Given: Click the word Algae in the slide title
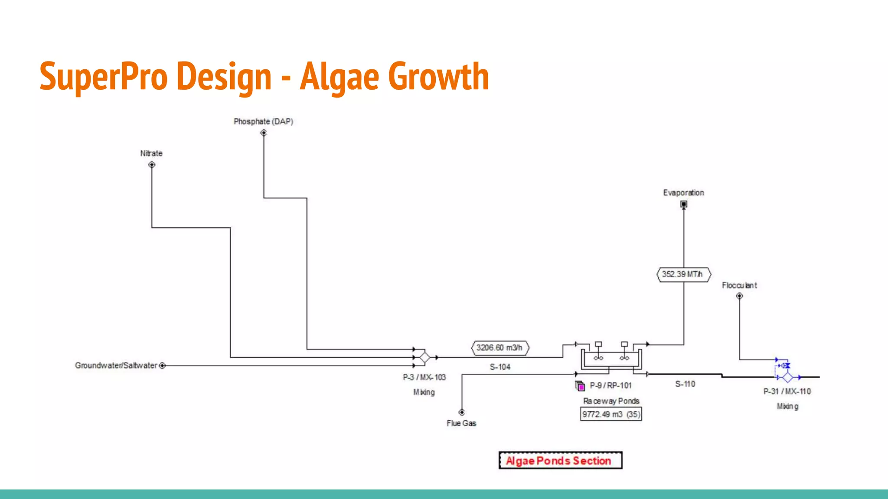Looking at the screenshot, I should click(x=340, y=77).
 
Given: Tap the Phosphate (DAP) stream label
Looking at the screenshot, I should click(x=263, y=122).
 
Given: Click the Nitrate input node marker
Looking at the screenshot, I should click(x=152, y=165).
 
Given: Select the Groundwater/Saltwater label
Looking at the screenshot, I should click(x=116, y=366).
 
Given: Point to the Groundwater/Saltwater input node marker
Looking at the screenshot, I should click(x=162, y=366).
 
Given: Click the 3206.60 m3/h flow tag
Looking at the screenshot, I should click(x=499, y=348).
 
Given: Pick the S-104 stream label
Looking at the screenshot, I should click(x=500, y=367).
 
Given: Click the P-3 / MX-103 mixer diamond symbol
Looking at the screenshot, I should click(x=425, y=357).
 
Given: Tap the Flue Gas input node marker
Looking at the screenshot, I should click(x=462, y=412).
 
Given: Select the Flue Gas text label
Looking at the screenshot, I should click(x=461, y=423).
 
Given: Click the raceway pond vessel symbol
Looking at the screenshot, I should click(x=611, y=358).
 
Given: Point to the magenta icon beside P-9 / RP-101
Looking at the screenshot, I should click(x=580, y=386).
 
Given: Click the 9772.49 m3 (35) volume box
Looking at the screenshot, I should click(x=611, y=414).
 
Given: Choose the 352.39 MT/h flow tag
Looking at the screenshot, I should click(x=683, y=275).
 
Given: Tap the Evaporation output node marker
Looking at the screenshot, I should click(x=684, y=204).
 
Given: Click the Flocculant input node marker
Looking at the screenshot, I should click(x=739, y=296).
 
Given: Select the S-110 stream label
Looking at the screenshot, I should click(x=685, y=384).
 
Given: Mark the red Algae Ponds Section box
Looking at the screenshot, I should click(x=560, y=460).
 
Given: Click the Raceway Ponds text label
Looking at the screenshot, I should click(x=611, y=401).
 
